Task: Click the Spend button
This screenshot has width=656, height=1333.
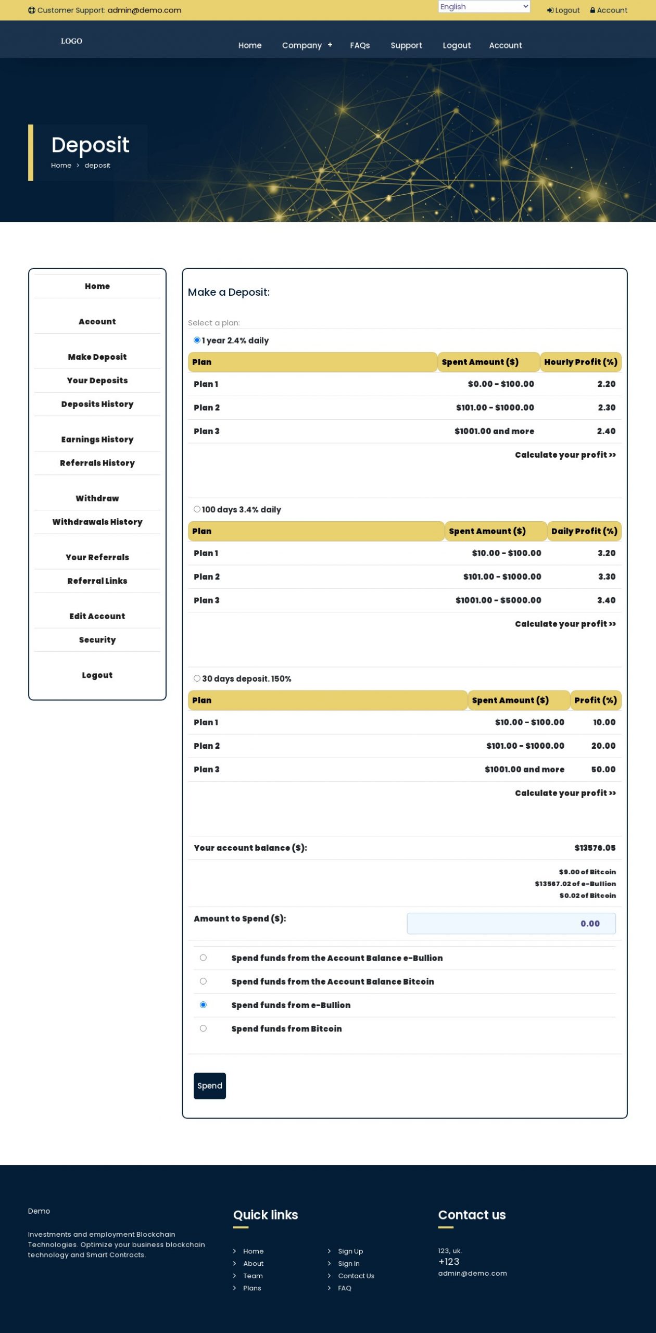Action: [x=209, y=1086]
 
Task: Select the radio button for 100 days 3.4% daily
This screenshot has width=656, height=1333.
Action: [x=197, y=509]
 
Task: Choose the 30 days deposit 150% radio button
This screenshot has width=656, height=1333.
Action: [x=197, y=678]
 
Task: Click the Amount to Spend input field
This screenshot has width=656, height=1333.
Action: [x=511, y=923]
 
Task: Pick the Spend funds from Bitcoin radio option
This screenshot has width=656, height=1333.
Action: [x=203, y=1028]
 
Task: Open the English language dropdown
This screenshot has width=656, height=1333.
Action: [x=484, y=7]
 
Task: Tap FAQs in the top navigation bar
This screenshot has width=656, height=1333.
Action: [x=360, y=45]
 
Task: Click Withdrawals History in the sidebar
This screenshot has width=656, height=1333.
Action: [x=97, y=522]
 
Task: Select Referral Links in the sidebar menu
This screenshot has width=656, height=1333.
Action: [x=97, y=581]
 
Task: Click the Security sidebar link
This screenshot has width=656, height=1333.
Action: [x=97, y=639]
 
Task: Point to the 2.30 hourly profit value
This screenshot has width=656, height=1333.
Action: [x=607, y=408]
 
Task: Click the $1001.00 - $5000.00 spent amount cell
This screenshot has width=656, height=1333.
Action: [x=498, y=600]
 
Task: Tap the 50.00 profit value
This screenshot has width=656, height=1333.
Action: [x=603, y=770]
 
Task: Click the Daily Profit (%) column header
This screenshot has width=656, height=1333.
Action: [x=584, y=531]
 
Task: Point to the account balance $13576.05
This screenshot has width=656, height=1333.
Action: [x=595, y=848]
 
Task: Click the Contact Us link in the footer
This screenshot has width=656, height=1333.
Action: [x=356, y=1276]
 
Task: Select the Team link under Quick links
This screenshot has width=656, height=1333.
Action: [x=253, y=1276]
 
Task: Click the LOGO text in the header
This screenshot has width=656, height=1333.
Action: [x=71, y=41]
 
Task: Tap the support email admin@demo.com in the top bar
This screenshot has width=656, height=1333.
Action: [x=144, y=10]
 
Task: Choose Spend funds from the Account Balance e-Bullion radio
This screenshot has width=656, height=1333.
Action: [x=203, y=958]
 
